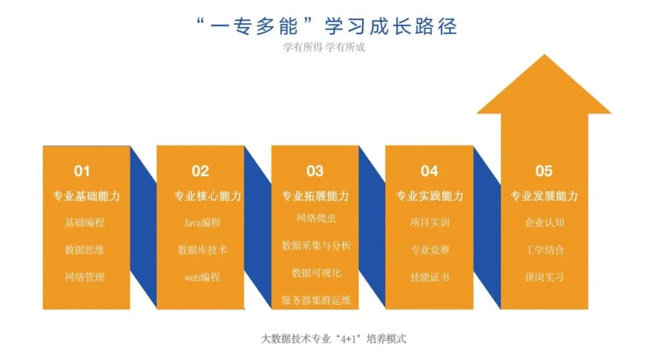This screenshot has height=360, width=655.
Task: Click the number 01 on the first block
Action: point(82,172)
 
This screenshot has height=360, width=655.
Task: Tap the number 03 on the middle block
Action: point(315,172)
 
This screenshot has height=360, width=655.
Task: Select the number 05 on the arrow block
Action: point(544,172)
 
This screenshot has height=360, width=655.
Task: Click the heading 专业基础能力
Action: point(86,196)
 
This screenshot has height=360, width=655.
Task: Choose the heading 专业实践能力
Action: point(429,196)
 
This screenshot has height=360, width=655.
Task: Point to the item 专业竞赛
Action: point(430,250)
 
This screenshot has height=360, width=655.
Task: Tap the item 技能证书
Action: point(430,278)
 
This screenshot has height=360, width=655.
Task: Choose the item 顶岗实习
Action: point(544,278)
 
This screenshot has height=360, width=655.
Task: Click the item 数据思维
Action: point(85,250)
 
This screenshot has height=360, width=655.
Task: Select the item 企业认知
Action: point(544,222)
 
